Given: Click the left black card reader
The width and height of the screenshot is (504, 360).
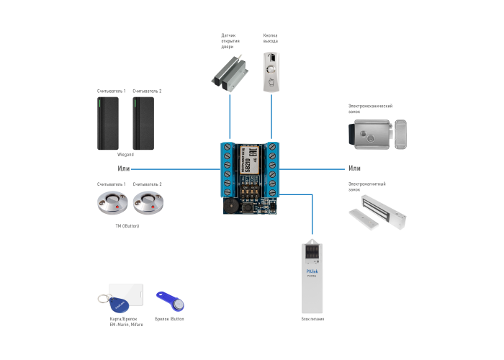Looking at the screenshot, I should coord(108,123).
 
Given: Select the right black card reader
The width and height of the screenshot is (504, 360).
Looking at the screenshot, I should coord(143,123).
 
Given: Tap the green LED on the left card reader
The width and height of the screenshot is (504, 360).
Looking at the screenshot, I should coord(99,102).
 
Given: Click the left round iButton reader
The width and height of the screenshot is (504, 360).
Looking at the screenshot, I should coord(112,204).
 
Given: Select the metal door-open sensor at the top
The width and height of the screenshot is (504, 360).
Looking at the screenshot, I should coord(230,72).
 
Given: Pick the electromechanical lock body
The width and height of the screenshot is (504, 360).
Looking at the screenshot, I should coord(371,134).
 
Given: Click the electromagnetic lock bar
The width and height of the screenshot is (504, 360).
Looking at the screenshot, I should coord(377,216).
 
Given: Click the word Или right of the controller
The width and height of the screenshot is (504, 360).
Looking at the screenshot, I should coord(354,168).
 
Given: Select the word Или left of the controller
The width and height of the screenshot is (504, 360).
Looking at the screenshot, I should coord(124,168).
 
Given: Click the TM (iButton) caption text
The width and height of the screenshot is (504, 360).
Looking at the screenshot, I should coord(127,226).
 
